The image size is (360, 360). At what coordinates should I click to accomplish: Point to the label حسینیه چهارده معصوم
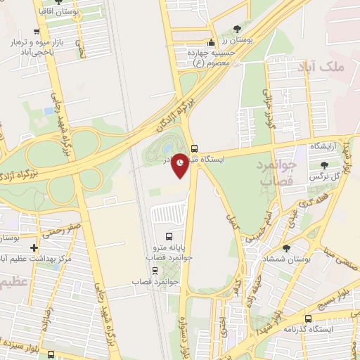[208, 56]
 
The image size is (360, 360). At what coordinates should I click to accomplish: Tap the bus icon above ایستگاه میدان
[194, 148]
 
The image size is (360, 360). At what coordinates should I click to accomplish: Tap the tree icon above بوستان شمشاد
[285, 247]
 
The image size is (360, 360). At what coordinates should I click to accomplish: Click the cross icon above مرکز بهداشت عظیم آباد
[34, 247]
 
